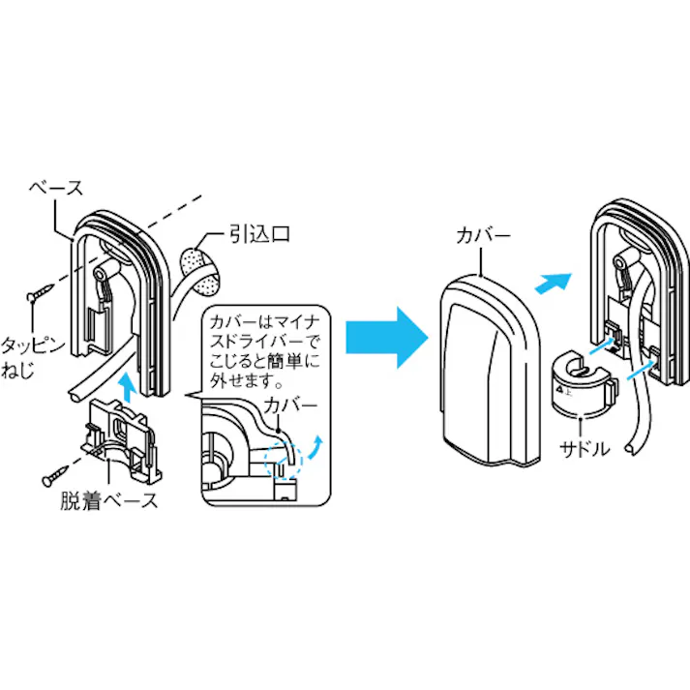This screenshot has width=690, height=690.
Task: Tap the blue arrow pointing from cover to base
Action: [549, 282]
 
